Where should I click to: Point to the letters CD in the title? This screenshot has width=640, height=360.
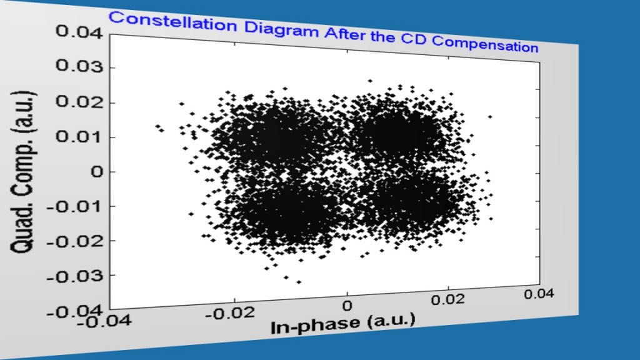click(x=413, y=39)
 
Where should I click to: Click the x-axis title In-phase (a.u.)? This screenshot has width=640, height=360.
click(x=342, y=323)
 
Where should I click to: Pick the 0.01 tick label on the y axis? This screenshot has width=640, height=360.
click(x=76, y=137)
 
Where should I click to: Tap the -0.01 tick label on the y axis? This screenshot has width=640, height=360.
click(x=73, y=206)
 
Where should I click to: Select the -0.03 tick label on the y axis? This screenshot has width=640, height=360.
click(x=73, y=275)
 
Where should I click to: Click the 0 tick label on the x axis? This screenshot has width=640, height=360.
click(x=347, y=306)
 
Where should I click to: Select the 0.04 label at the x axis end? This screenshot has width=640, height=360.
click(x=539, y=294)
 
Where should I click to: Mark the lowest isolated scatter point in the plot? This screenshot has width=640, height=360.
click(x=299, y=282)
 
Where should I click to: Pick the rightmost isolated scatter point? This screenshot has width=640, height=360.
click(x=491, y=116)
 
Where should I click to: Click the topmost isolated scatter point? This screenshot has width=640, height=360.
click(x=370, y=81)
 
